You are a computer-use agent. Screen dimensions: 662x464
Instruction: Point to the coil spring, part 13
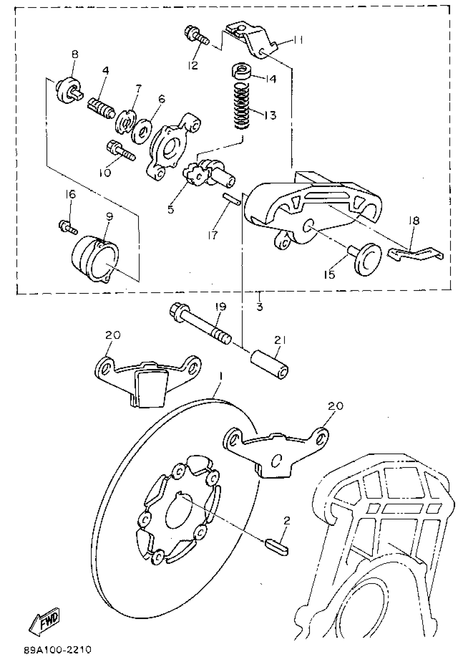coord(241,105)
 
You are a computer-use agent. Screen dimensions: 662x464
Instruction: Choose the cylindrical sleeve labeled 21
coord(269,365)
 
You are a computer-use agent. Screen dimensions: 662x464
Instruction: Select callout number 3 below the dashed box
coord(259,307)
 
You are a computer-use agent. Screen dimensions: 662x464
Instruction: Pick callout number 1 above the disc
coord(221,385)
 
